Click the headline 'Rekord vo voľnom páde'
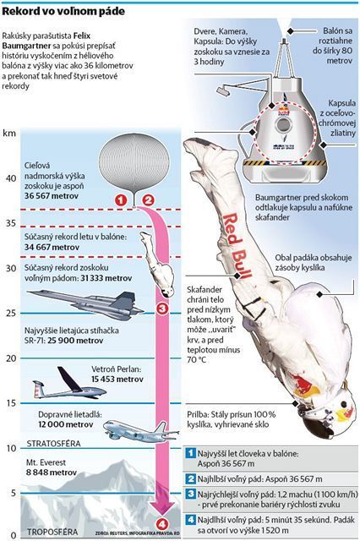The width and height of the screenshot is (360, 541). [x=63, y=12]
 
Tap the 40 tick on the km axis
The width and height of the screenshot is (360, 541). [x=11, y=178]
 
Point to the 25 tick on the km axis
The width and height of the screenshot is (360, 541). [x=11, y=313]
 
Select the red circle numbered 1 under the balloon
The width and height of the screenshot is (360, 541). [x=121, y=200]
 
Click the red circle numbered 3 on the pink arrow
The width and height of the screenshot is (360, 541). [x=162, y=308]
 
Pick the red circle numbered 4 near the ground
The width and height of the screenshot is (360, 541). [x=162, y=524]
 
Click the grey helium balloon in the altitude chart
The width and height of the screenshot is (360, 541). [x=134, y=163]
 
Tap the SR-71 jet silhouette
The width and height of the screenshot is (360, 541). [x=85, y=303]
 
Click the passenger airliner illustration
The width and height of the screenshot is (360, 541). [x=141, y=431]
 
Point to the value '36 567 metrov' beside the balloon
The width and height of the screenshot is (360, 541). [x=52, y=196]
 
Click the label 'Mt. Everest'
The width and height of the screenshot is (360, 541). [x=46, y=462]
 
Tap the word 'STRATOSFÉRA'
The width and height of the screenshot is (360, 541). [x=53, y=443]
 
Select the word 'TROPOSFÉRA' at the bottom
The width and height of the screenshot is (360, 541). [x=52, y=532]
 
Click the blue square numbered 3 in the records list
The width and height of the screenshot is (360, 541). [x=190, y=494]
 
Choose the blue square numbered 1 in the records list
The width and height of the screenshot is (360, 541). [x=190, y=453]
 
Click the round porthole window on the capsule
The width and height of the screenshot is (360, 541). [x=283, y=125]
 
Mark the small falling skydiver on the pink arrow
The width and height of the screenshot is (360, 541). [x=157, y=264]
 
